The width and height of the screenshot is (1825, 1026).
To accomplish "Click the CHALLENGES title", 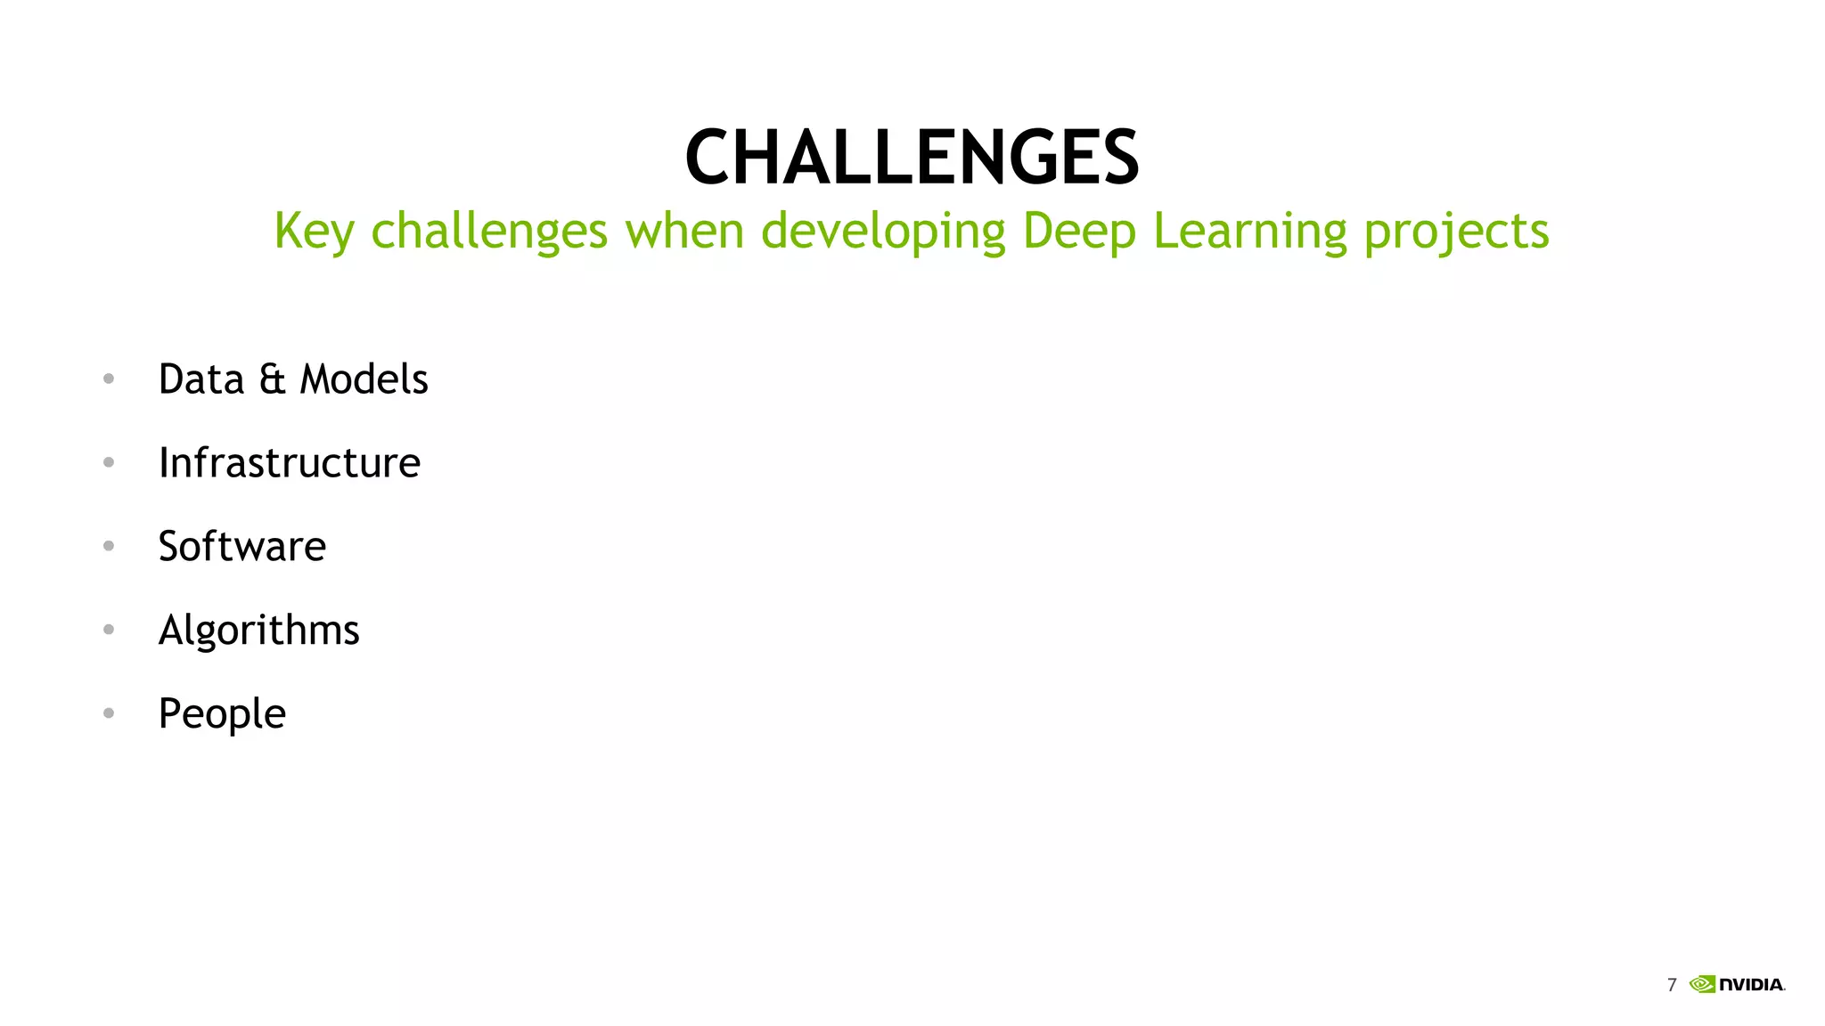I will click(912, 158).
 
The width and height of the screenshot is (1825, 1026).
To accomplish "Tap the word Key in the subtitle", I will click(314, 232).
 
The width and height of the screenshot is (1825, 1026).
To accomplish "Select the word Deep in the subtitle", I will click(1079, 232).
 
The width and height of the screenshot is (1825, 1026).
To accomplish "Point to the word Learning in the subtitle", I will click(1249, 232).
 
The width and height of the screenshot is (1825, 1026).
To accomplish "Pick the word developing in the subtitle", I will click(882, 232).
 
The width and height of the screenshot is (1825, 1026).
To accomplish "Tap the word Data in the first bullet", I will click(201, 379).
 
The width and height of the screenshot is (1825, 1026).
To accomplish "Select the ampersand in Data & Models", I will click(272, 380).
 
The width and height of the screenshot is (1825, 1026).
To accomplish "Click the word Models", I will click(364, 379).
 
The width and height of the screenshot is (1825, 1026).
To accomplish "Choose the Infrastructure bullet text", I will click(289, 462).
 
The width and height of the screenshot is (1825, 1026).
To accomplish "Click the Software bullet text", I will click(241, 546).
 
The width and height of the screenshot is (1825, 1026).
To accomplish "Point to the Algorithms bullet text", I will click(258, 631).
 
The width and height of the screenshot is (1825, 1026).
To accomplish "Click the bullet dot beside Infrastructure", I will click(109, 462).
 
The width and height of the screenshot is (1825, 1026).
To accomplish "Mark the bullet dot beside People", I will click(109, 712).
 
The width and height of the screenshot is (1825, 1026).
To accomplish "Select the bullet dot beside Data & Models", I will click(109, 379).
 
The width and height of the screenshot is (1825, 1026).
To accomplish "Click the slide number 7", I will click(1672, 984).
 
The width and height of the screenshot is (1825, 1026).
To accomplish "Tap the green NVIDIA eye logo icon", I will click(1702, 984).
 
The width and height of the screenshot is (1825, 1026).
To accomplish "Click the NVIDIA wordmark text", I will click(1751, 984).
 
